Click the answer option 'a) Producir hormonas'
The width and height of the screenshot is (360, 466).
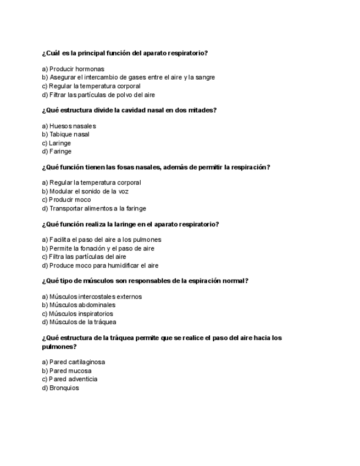tap(73, 69)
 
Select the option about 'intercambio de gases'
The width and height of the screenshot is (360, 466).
tap(128, 77)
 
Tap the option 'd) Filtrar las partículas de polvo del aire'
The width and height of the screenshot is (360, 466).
tap(98, 95)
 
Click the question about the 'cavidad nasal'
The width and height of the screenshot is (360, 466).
tap(129, 110)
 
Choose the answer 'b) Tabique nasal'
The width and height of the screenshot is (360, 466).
tap(65, 134)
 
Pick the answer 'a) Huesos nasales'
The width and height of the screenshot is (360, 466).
tap(69, 126)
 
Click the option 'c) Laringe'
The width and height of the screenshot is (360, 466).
tap(57, 143)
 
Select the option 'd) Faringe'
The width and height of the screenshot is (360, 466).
tap(57, 151)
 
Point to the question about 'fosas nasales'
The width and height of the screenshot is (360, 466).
tap(156, 167)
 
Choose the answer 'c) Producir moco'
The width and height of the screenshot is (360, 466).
tap(67, 199)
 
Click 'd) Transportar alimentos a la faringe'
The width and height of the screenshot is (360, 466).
tap(94, 208)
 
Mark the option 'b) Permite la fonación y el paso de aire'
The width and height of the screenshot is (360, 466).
tap(98, 248)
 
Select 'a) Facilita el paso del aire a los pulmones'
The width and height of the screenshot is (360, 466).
tap(102, 240)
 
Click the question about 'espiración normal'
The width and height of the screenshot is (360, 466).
tap(145, 281)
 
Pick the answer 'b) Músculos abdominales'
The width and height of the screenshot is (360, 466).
tap(79, 305)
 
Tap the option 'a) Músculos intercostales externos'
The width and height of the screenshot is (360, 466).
tap(92, 297)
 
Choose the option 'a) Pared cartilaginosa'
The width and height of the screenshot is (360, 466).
tap(73, 362)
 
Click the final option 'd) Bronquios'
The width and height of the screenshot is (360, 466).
tap(60, 387)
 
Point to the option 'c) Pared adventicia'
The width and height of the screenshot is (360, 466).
tap(70, 379)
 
